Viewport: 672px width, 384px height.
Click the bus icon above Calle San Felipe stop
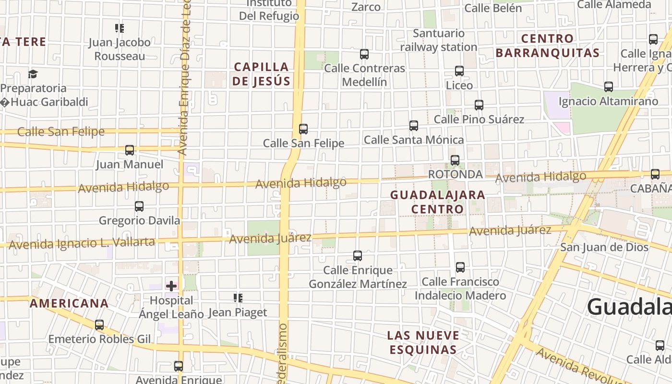pos(303,129)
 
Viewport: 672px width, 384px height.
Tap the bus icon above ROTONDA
pos(455,160)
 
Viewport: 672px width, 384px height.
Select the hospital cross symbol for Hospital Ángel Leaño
pos(171,287)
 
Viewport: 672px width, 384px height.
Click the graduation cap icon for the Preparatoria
pos(33,74)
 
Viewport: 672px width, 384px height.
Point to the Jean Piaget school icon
pos(238,299)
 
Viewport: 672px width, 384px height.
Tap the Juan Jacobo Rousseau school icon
pos(120,28)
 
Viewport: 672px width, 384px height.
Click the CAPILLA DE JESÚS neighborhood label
pos(262,74)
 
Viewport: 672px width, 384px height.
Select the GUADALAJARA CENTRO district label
pos(437,202)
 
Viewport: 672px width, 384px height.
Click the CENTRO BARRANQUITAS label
pos(548,46)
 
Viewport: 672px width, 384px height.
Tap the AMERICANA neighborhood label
pos(69,303)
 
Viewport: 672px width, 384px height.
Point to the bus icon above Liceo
pos(459,71)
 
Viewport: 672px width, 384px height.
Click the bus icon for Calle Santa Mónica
pos(414,126)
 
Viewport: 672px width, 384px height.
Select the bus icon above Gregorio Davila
pos(139,206)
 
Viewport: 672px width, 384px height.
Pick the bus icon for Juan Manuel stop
pos(130,150)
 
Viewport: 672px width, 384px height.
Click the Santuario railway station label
pos(438,40)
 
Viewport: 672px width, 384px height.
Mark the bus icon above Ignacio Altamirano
pos(609,87)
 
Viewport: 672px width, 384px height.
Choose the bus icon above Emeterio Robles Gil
pos(99,325)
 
